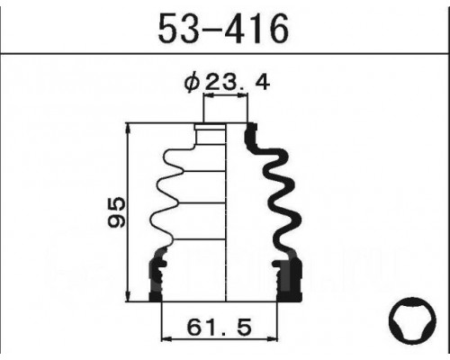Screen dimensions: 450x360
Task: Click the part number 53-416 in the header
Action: (223, 29)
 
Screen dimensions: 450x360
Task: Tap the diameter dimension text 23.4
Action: (237, 83)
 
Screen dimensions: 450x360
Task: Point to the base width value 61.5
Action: (219, 328)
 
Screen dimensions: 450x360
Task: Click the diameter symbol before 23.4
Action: (192, 83)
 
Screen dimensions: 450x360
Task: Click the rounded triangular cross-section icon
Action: (412, 320)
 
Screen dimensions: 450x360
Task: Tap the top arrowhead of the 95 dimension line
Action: (129, 128)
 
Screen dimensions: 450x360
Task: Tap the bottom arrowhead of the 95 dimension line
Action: (129, 296)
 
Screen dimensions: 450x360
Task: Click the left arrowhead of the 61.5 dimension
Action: (166, 339)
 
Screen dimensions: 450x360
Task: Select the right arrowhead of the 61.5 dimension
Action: (273, 339)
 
